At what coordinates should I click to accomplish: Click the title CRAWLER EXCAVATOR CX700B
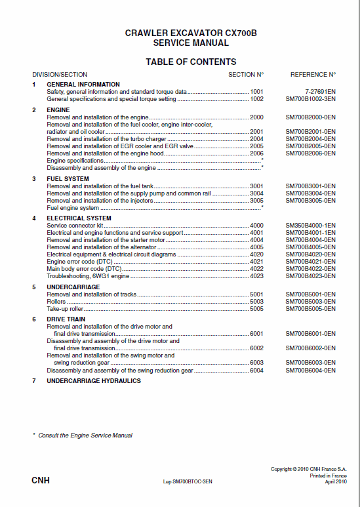tap(190, 33)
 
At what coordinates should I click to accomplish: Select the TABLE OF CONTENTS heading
tap(190, 62)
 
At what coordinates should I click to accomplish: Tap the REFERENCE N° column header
tap(313, 75)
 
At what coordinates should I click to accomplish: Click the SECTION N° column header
tap(246, 75)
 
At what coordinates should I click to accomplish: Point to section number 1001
tap(256, 92)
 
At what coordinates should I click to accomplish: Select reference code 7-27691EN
tap(320, 92)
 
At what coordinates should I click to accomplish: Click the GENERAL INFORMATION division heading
tap(83, 85)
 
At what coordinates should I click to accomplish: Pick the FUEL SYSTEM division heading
tap(68, 179)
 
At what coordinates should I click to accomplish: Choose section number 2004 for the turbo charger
tap(256, 139)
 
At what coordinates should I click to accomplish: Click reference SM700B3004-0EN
tap(310, 193)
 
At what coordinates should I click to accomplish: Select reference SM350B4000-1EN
tap(310, 226)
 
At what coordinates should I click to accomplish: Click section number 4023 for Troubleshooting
tap(256, 276)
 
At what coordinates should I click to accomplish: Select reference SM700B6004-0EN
tap(310, 370)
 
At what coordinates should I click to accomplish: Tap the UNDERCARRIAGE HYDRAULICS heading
tap(94, 381)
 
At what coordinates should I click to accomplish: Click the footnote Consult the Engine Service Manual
tap(85, 435)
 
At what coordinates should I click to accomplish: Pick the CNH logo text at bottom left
tap(41, 481)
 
